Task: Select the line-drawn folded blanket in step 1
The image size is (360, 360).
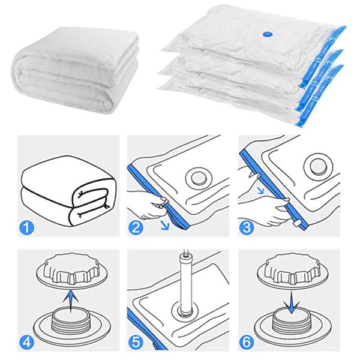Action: click(66, 192)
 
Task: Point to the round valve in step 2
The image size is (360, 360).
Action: click(196, 176)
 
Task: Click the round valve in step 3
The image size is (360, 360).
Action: click(317, 166)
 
